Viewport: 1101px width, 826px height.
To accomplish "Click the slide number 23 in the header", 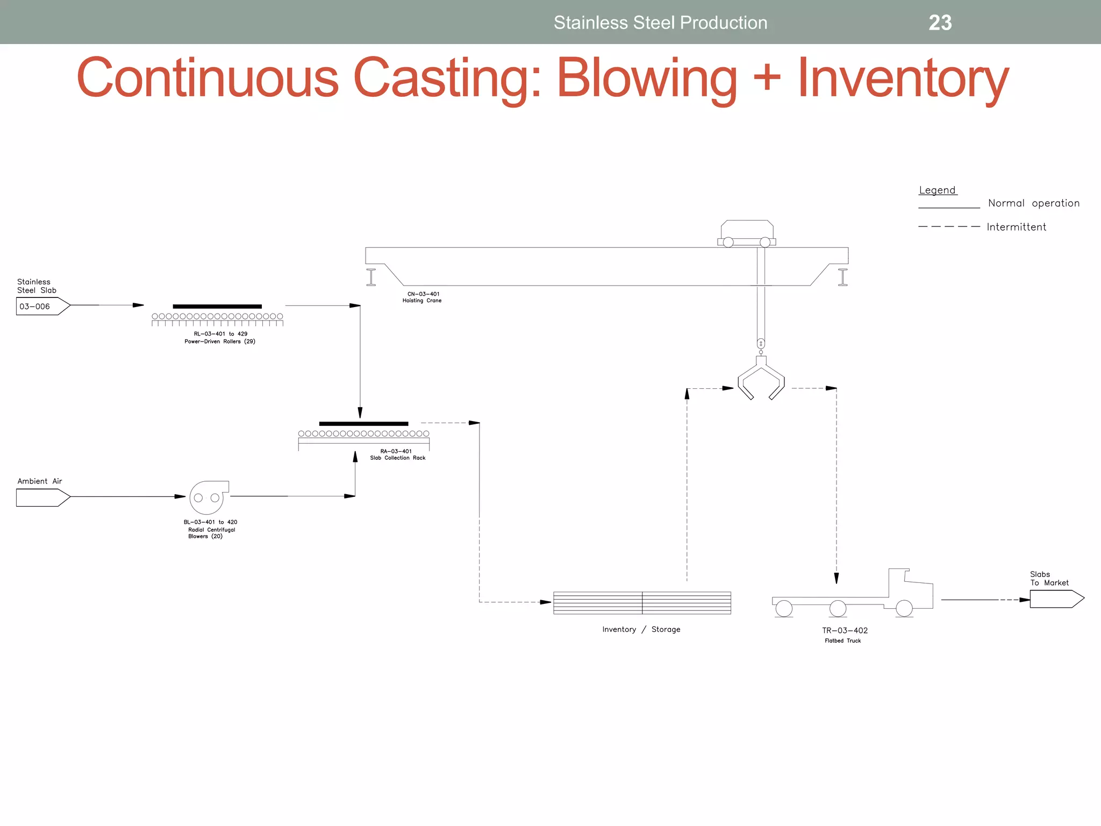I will [940, 23].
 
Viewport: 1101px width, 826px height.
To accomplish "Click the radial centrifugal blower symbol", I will [207, 497].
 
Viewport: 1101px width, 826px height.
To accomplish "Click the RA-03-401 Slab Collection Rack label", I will [397, 454].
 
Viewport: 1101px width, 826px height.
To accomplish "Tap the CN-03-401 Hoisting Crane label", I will [422, 297].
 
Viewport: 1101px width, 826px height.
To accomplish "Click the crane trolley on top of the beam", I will [747, 233].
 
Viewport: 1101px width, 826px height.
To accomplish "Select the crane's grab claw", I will [761, 379].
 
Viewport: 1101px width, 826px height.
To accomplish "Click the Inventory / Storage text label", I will [641, 629].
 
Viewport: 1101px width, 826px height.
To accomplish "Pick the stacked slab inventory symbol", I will [642, 602].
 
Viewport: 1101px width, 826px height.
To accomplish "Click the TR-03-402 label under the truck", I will [845, 630].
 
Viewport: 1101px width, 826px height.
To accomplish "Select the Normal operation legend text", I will [1033, 203].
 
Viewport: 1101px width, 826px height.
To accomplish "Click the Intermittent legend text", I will [1016, 227].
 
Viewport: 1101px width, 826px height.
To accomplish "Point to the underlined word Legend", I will [937, 190].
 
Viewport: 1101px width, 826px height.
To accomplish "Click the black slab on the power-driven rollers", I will [217, 307].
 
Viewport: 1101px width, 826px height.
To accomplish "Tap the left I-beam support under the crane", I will [371, 277].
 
